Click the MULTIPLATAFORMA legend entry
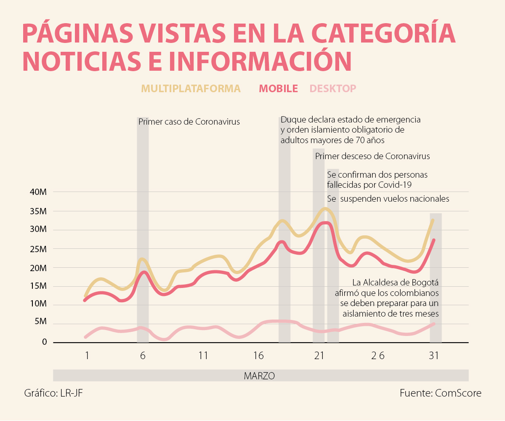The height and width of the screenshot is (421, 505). tap(191, 88)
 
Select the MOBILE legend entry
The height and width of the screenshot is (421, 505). tap(278, 88)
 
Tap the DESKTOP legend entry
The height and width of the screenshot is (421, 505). tap(332, 88)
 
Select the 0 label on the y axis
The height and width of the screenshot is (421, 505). tap(45, 342)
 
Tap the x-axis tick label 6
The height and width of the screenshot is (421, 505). tap(143, 356)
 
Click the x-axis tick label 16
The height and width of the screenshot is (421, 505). tap(258, 356)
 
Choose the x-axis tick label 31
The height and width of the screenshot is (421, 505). tap(433, 356)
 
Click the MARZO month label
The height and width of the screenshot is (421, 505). tap(259, 376)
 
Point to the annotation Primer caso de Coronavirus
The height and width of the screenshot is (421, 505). tap(189, 122)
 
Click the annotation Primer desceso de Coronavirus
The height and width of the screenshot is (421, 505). tap(372, 156)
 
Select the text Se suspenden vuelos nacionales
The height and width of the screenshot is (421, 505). tap(388, 199)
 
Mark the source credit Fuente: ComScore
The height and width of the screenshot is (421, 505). tap(440, 393)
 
